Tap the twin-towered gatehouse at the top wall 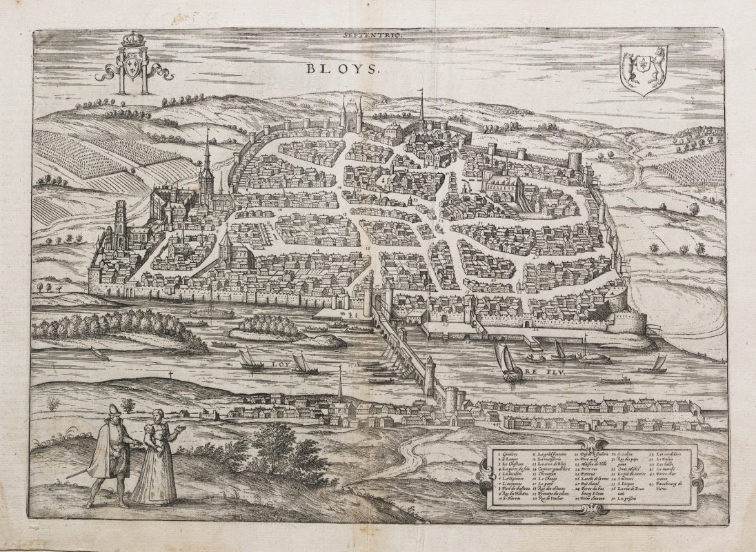[x=351, y=115]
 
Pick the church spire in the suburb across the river [x=339, y=383]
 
